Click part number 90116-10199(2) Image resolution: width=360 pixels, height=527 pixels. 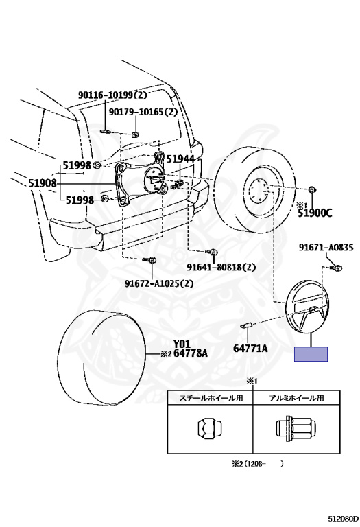[112, 95]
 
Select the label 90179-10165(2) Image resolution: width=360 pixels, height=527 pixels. [143, 112]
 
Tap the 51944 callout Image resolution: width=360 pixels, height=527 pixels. [180, 159]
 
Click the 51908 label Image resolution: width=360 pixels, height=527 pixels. [43, 183]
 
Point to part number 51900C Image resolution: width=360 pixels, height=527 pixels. [315, 213]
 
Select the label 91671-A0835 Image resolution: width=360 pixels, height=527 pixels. [326, 248]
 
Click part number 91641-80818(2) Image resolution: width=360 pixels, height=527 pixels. [221, 267]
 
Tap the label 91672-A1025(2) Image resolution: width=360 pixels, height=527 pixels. [160, 283]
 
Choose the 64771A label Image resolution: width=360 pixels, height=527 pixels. [250, 348]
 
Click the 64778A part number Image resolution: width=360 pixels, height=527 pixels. [191, 353]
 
